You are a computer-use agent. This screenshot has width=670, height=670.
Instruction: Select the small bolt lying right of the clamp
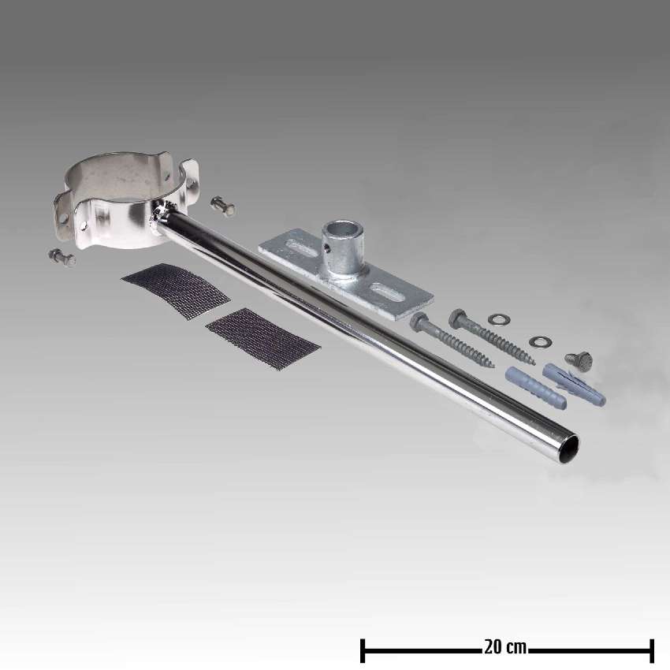tap(223, 207)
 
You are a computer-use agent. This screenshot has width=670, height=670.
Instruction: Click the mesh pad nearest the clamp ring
tap(175, 291)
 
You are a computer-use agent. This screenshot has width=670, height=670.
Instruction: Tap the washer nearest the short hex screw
tap(540, 341)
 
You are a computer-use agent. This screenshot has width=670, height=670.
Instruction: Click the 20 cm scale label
tap(505, 648)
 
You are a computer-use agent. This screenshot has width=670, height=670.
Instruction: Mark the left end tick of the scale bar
tap(363, 650)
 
